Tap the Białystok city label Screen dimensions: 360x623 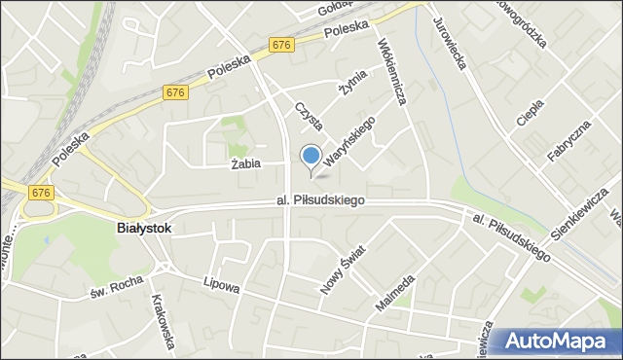tap(143, 228)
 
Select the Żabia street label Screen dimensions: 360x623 tap(246, 163)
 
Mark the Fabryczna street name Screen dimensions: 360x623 tap(568, 144)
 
